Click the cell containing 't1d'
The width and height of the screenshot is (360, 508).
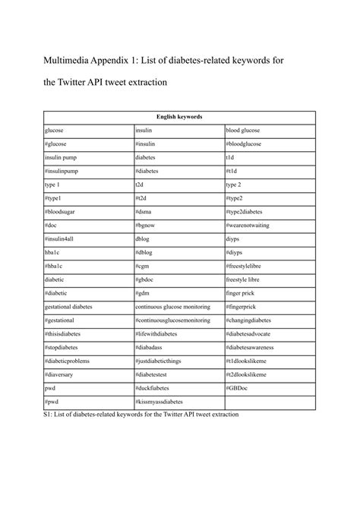click(x=230, y=157)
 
